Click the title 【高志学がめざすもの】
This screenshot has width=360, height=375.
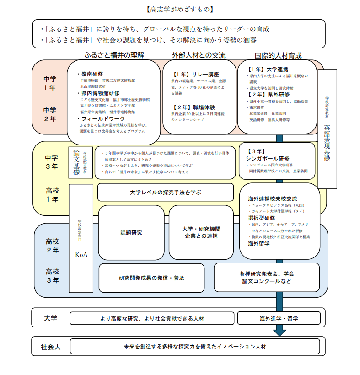[179, 9]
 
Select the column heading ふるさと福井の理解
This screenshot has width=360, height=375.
[114, 55]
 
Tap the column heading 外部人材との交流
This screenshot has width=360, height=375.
[199, 55]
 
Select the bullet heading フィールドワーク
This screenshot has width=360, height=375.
[101, 118]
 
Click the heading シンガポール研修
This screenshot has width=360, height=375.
[268, 158]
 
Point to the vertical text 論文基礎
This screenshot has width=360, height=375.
[76, 162]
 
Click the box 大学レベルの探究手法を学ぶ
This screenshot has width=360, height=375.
[166, 192]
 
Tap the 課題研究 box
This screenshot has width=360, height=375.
[131, 232]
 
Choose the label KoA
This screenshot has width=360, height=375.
[81, 254]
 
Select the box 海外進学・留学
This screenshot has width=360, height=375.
[279, 318]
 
